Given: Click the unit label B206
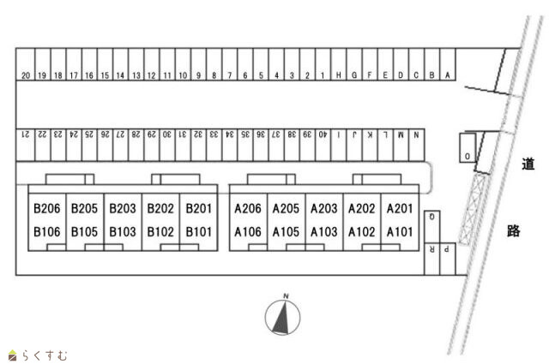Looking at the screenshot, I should point(45,208).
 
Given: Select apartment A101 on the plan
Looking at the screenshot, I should point(400,231).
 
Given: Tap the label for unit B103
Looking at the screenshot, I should point(123,231).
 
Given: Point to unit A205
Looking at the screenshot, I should point(286,208).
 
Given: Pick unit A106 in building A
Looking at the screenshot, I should point(248,231).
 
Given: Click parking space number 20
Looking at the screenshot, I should point(26,76).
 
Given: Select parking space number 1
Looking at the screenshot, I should point(323,76).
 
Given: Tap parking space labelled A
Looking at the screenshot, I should point(447,76).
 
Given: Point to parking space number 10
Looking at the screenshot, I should point(182,76).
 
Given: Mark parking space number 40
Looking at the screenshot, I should point(323,135).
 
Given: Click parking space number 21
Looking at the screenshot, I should point(26,135).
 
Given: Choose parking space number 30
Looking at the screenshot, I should point(166,135).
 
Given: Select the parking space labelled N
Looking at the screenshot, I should point(416,135).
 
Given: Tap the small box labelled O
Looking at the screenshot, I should point(467,157).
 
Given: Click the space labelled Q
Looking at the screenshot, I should point(432,218).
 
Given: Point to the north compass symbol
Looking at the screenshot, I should point(282,317).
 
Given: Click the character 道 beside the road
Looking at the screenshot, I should point(528,164).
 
